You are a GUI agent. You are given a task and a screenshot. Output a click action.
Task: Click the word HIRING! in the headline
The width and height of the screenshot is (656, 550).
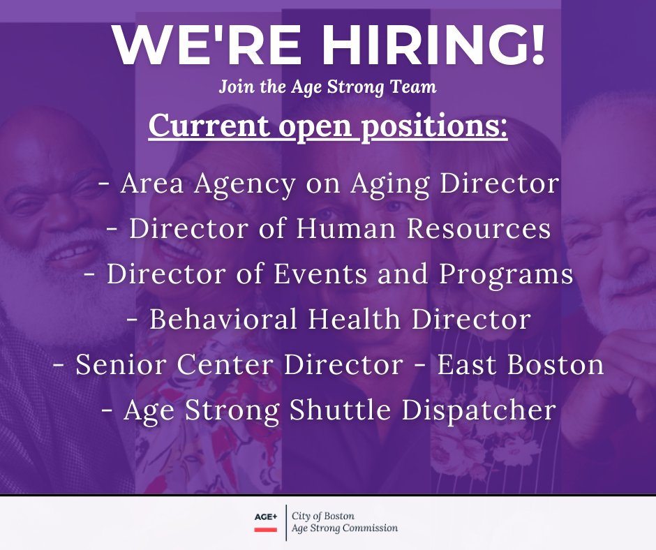coord(417,47)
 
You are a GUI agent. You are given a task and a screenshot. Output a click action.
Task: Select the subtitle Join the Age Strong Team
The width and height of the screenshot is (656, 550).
coord(327,88)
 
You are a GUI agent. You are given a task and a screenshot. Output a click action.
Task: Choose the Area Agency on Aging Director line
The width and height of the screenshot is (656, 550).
coord(329,184)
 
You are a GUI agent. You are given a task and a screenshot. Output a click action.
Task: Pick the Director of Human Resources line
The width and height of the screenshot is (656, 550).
coord(329,230)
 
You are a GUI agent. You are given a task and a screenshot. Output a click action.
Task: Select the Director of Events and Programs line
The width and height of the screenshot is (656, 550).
coord(329,274)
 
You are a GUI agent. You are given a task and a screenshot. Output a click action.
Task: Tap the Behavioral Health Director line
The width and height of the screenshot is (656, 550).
coord(329,320)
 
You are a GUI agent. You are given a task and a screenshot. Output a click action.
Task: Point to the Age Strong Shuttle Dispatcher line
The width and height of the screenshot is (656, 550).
coord(329,410)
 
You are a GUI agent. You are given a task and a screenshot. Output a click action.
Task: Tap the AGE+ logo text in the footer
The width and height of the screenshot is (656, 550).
coord(265,516)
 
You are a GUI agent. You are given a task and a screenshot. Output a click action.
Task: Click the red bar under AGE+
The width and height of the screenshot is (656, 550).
coord(265,530)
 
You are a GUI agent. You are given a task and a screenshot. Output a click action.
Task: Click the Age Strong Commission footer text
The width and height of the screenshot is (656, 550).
coord(345,528)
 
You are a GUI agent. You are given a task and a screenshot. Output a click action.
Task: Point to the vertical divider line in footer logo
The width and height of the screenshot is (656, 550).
coord(285,522)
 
